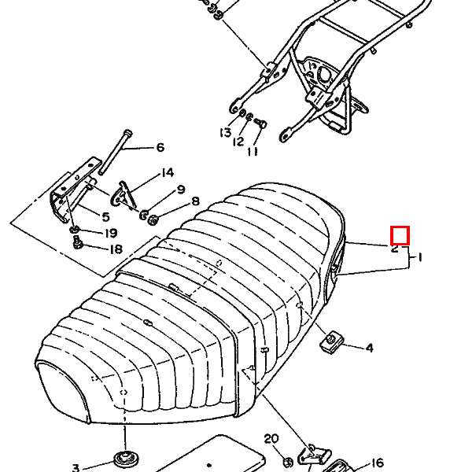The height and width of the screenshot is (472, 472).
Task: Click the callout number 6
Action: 160,148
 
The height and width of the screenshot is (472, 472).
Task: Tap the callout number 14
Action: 167,173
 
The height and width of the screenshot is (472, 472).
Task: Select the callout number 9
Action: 180,190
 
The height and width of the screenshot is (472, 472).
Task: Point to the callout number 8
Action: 195,202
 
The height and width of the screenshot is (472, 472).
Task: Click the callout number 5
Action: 105,216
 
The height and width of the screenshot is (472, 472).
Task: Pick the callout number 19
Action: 110,233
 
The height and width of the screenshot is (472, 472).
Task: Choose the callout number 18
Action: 116,250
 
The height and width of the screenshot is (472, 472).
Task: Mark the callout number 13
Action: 226,132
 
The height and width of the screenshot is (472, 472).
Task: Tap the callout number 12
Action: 238,142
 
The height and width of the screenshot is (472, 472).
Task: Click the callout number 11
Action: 253,151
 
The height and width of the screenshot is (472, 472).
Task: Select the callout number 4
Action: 369,348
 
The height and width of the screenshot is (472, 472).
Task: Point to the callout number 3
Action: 76,467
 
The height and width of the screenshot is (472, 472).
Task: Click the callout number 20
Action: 271,439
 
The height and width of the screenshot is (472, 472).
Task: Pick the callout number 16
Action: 377,463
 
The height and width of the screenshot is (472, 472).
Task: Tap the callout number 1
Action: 420,257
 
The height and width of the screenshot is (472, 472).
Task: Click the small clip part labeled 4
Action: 333,341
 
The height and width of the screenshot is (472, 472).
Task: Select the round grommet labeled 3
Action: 123,458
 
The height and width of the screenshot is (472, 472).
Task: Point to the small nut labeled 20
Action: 290,459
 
